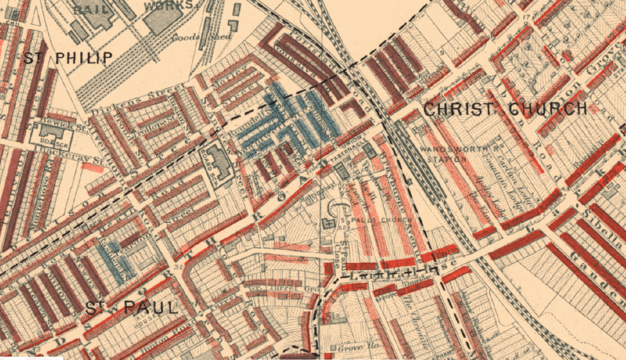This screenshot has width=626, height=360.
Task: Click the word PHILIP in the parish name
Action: click(x=84, y=58)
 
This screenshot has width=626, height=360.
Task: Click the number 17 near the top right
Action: click(x=525, y=19)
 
